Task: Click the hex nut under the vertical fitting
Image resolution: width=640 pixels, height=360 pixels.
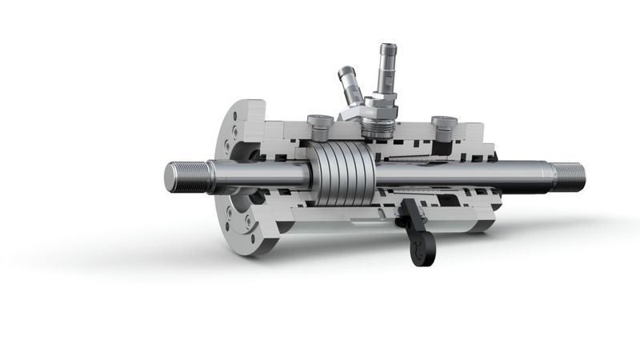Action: coord(374,105)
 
